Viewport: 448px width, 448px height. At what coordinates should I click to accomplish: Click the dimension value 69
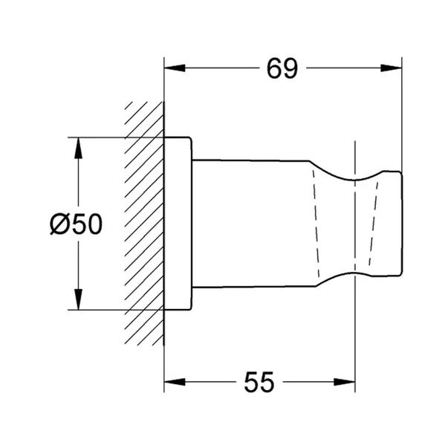click(282, 68)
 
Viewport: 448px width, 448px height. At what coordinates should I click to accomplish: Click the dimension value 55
click(259, 383)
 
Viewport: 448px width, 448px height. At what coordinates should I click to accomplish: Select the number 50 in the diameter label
click(88, 224)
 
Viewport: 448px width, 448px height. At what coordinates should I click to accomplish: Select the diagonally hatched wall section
click(143, 223)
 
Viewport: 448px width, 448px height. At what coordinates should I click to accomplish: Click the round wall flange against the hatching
click(178, 223)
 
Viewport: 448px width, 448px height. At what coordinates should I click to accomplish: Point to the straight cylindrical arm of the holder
click(253, 223)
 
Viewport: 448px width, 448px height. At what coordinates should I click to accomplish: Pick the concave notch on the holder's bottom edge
click(356, 268)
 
